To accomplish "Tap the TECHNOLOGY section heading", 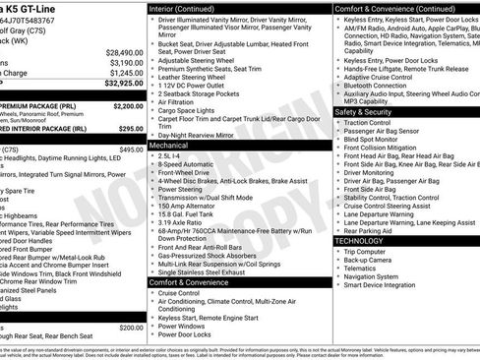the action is [x=359, y=240].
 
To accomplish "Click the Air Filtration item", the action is [x=189, y=101].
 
